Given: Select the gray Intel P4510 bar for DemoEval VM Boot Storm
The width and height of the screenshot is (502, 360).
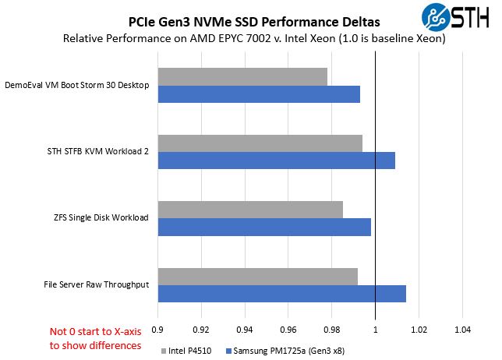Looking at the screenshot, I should click(x=242, y=77).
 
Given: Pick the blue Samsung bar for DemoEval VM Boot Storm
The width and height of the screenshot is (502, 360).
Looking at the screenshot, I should click(x=259, y=94).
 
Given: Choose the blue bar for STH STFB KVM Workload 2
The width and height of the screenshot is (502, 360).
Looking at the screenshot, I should click(x=277, y=161).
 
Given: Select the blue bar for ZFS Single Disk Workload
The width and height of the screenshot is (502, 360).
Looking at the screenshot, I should click(x=264, y=227).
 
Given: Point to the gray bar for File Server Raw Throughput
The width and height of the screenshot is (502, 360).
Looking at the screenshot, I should click(x=257, y=277).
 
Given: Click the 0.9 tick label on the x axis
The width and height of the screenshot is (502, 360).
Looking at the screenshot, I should click(x=158, y=330).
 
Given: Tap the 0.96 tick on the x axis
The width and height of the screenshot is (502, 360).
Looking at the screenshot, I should click(x=288, y=330).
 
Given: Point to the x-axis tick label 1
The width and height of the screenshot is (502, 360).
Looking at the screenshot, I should click(x=375, y=330).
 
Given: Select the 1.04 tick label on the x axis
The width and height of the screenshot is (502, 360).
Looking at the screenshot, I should click(x=462, y=330).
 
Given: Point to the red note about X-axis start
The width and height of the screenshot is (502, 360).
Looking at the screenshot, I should click(x=95, y=337).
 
